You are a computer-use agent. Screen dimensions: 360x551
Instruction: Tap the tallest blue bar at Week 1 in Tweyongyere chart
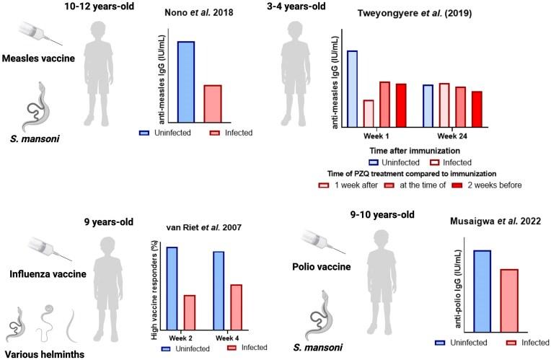pos(352,88)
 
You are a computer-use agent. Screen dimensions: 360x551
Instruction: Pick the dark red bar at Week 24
pos(477,107)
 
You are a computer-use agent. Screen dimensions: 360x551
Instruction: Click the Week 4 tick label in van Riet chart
pos(228,335)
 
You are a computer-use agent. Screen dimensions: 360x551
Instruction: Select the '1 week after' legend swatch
pos(344,185)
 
